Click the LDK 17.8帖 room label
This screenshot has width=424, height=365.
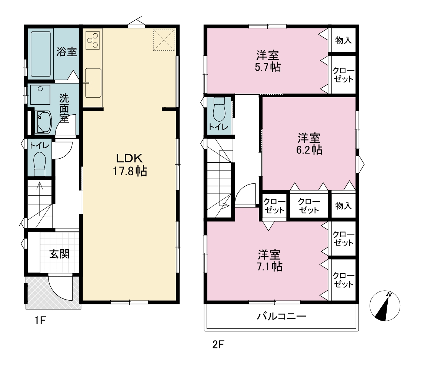point(130,165)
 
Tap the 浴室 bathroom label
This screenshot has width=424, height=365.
point(67,51)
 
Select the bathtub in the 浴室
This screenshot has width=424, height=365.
point(41,54)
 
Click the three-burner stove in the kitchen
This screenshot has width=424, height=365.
point(93,40)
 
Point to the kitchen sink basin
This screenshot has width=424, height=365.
point(93,83)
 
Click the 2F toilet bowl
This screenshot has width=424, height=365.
point(219,109)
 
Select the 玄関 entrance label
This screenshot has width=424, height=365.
point(60,254)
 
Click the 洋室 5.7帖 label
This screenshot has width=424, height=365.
point(268,61)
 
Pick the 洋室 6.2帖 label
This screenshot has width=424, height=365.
point(309,143)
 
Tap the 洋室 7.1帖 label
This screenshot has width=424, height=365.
point(269,260)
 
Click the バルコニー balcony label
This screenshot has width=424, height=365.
point(281,316)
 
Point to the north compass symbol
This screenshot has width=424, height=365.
point(385,306)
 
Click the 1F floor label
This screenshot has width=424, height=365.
point(40,321)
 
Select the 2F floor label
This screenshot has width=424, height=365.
point(218,345)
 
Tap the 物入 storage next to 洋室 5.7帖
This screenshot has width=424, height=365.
point(343,40)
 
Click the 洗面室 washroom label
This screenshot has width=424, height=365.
point(64,108)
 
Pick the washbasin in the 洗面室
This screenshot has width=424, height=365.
point(43,122)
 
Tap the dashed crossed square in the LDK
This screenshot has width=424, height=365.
point(164,40)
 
